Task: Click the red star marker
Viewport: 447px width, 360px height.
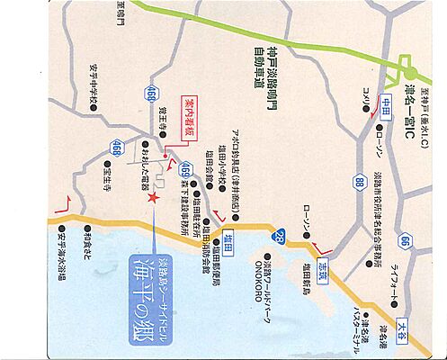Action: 155,197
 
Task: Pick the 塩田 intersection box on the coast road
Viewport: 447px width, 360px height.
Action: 229,237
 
